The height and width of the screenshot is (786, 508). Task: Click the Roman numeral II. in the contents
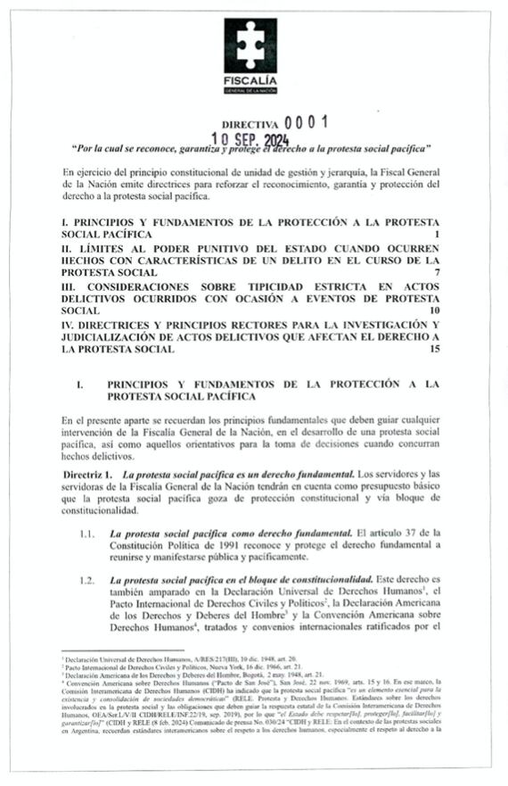67,244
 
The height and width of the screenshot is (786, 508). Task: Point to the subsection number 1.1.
87,534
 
